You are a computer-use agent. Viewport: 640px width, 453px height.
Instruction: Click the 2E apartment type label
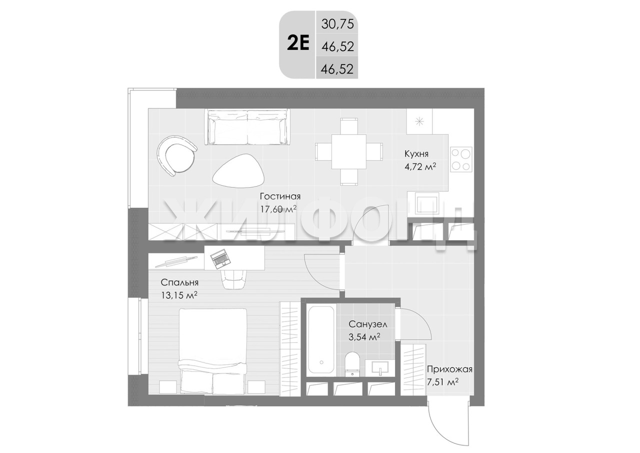298,45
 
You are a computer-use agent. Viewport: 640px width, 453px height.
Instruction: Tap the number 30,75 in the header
337,24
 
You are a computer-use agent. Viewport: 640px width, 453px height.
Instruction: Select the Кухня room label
416,154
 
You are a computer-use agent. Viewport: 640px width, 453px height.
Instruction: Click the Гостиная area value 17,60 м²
278,209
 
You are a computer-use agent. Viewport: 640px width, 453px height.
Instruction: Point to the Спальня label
179,282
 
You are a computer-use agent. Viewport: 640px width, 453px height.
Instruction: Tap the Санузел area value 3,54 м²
364,337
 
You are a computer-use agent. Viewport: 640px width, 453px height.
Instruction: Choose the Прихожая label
449,369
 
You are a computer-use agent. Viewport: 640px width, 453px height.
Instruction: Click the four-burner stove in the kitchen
461,159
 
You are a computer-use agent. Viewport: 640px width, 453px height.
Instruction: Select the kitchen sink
423,203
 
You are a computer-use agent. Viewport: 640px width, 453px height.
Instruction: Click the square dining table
349,152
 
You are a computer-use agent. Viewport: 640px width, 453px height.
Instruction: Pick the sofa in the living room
246,127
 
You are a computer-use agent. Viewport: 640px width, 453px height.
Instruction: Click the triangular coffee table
238,171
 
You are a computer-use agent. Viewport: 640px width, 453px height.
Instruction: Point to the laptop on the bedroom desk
220,259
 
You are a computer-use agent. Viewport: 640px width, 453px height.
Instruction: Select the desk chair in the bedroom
233,279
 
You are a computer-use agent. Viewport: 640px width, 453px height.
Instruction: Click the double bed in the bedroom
213,351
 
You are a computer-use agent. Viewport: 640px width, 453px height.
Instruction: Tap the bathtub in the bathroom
321,340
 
